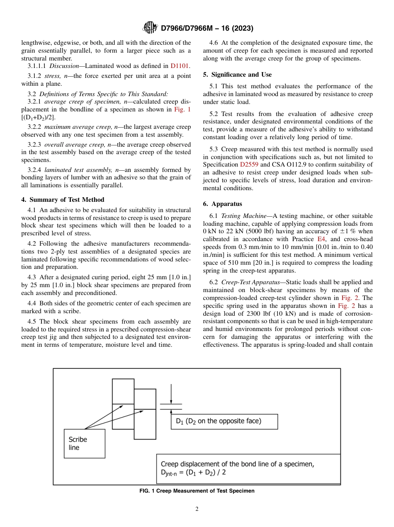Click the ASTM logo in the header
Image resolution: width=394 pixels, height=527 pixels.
(x=150, y=28)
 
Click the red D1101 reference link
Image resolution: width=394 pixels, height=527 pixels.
(x=180, y=65)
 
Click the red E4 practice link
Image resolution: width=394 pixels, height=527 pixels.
(x=321, y=239)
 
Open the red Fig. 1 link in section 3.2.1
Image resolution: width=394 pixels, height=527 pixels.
(x=182, y=109)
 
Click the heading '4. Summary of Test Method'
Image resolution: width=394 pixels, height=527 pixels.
(x=63, y=200)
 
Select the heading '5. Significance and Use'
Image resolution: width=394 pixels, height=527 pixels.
(x=237, y=75)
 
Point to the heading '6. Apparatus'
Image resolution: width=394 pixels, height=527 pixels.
(x=222, y=204)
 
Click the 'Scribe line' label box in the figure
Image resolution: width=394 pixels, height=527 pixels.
(x=84, y=443)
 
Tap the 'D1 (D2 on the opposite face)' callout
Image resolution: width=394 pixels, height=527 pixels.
(x=224, y=421)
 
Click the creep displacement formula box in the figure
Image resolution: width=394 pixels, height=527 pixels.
(x=248, y=468)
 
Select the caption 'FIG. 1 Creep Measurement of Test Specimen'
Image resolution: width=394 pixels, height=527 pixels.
(x=197, y=491)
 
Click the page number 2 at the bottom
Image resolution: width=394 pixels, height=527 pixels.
(x=197, y=509)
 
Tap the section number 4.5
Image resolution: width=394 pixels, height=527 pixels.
(x=32, y=322)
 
